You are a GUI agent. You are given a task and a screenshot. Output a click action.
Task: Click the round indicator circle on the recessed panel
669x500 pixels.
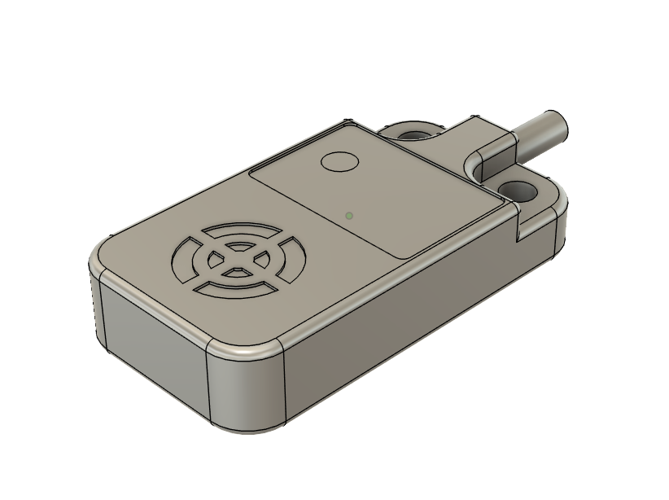point(340,160)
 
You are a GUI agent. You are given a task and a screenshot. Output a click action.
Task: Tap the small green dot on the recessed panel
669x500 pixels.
point(348,216)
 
